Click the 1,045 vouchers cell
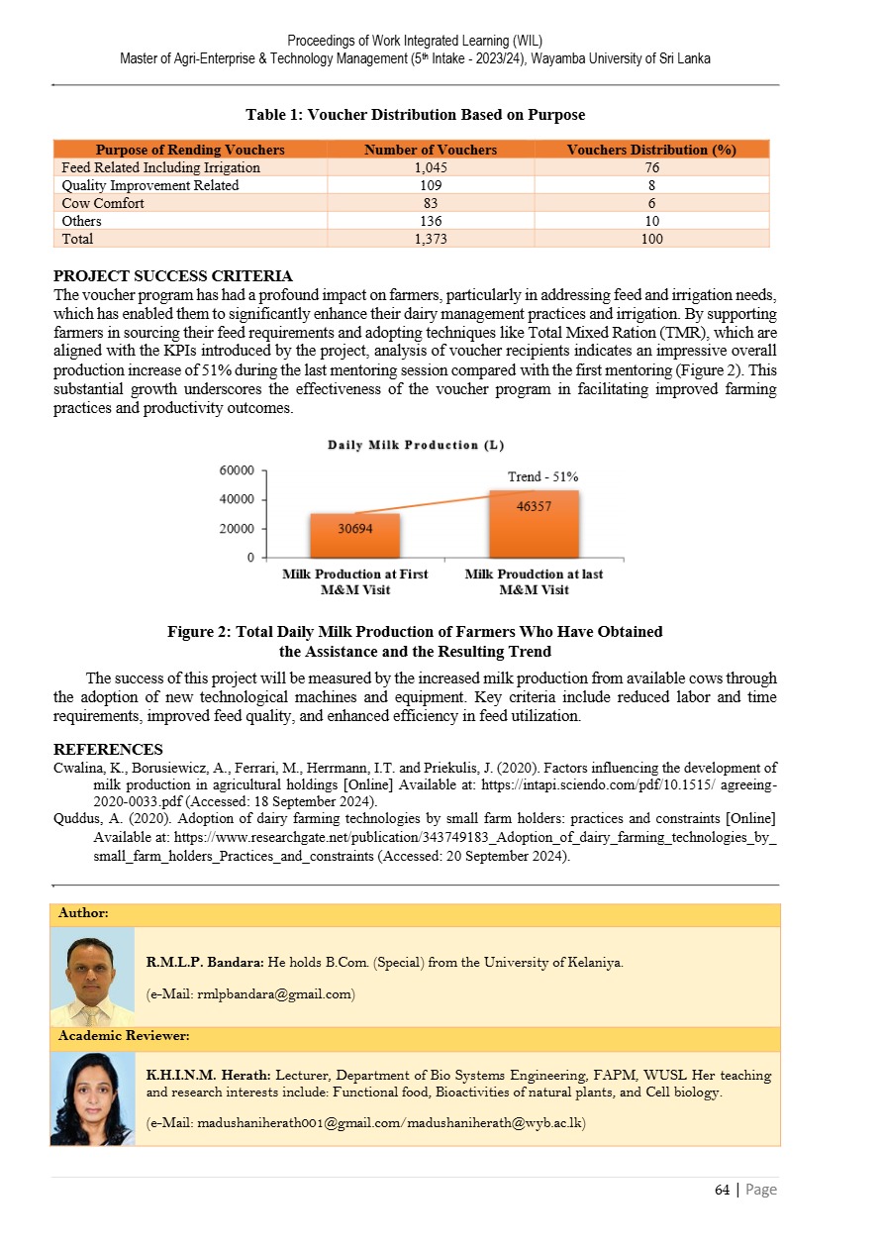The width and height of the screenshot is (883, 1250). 431,167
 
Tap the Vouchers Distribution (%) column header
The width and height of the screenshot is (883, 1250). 650,150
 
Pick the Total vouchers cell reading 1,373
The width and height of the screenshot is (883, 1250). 431,239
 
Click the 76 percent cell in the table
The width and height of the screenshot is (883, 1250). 650,167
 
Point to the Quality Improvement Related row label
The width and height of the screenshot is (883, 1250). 149,185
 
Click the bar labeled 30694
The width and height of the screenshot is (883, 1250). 355,536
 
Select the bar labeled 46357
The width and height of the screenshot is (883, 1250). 534,524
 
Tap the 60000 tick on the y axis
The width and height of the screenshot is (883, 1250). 238,469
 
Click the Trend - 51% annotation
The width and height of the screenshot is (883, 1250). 542,477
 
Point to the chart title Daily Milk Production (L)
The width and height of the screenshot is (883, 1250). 417,445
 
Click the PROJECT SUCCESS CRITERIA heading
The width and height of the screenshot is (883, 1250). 172,275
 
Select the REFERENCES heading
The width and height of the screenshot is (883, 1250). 108,750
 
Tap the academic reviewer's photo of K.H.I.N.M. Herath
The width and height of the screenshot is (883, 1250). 92,1098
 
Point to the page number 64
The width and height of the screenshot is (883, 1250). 722,1190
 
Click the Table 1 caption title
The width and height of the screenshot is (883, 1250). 415,115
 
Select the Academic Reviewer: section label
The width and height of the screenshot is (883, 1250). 124,1036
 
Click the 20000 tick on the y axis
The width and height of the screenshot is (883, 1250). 238,529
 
